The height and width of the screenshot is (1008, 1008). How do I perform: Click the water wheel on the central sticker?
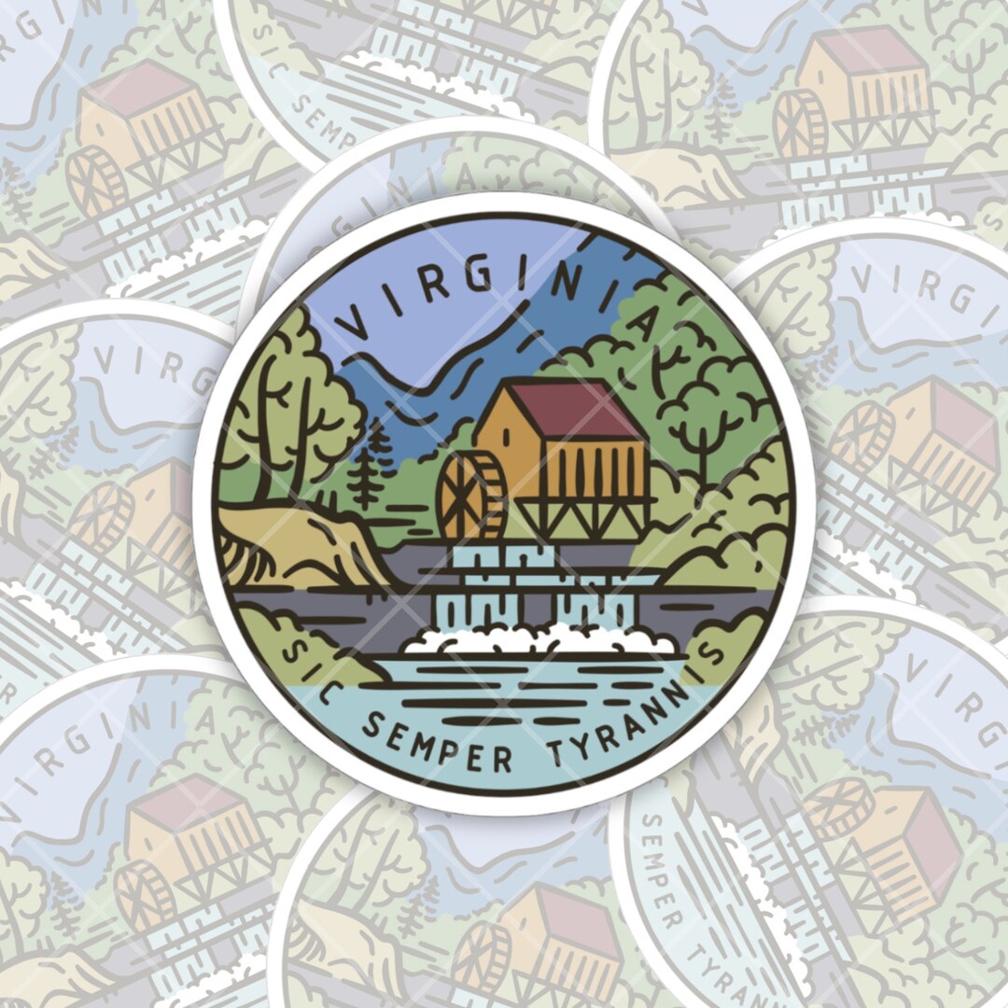pyautogui.click(x=471, y=497)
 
